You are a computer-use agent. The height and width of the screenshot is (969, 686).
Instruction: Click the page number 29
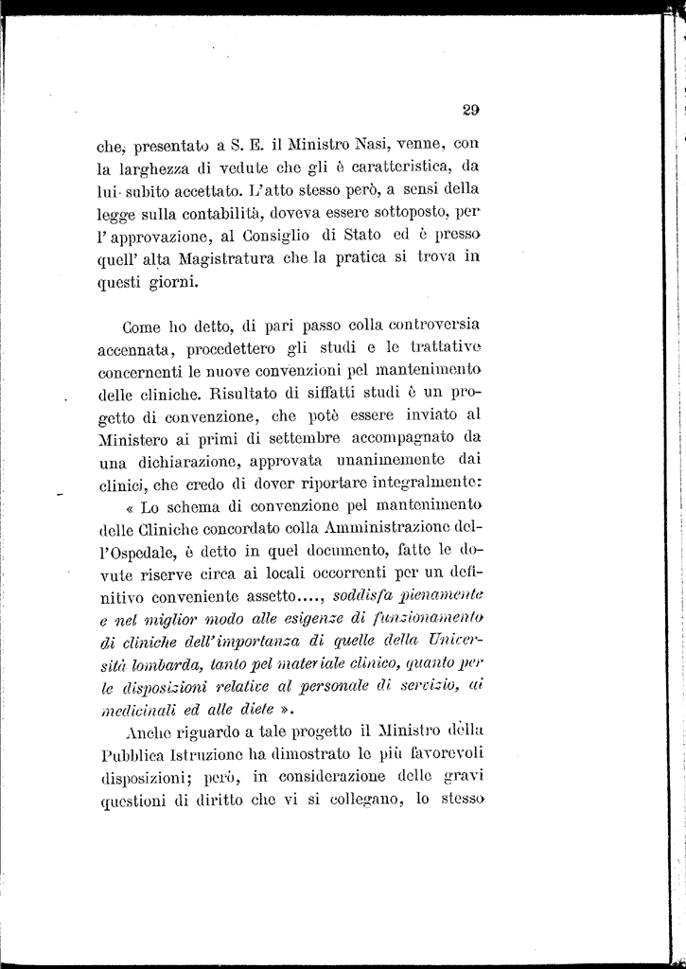click(x=471, y=109)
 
